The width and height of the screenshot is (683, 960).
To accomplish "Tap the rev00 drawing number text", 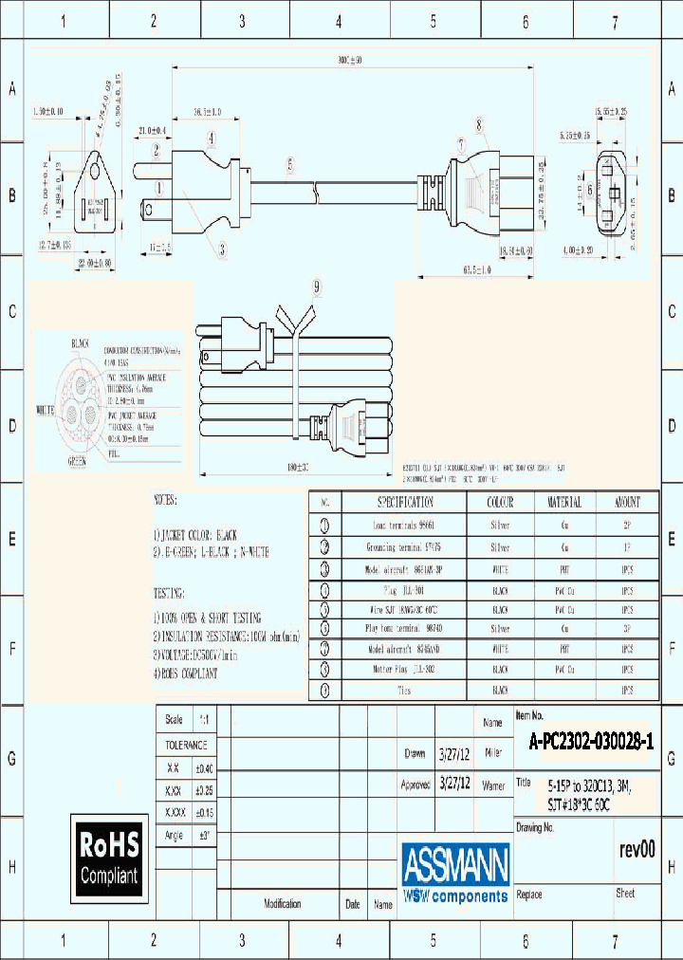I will pos(637,850).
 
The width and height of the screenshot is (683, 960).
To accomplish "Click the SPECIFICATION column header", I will pos(405,502).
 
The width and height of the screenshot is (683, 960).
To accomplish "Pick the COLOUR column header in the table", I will pos(500,502).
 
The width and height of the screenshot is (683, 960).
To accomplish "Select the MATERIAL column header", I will pos(564,502).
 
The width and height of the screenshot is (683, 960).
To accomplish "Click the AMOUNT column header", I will pos(627,502).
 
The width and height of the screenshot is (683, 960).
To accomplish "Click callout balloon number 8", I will pos(480,123).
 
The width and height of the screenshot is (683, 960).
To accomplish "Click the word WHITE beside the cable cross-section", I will pos(45,410).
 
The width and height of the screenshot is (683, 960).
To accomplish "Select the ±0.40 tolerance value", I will pos(205,768).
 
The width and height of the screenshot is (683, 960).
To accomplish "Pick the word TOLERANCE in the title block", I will pos(185,746).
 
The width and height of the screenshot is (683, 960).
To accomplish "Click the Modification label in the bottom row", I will pos(282,904).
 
